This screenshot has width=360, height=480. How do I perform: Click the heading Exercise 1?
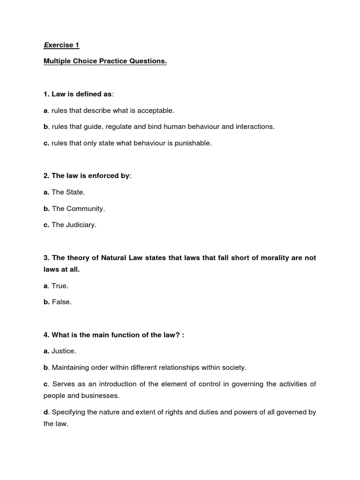pyautogui.click(x=61, y=45)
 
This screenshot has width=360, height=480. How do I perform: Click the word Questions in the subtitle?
pyautogui.click(x=147, y=61)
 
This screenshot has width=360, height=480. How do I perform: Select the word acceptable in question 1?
pyautogui.click(x=155, y=111)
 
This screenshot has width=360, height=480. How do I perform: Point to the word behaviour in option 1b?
pyautogui.click(x=204, y=127)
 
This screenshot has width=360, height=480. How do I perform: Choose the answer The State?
pyautogui.click(x=68, y=192)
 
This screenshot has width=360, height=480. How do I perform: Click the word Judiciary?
pyautogui.click(x=81, y=225)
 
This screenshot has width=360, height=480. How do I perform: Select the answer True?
pyautogui.click(x=60, y=286)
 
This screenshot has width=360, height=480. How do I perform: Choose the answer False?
pyautogui.click(x=61, y=302)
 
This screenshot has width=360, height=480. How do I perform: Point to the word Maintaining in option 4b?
pyautogui.click(x=72, y=368)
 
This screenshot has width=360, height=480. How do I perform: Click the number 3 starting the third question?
pyautogui.click(x=45, y=258)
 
